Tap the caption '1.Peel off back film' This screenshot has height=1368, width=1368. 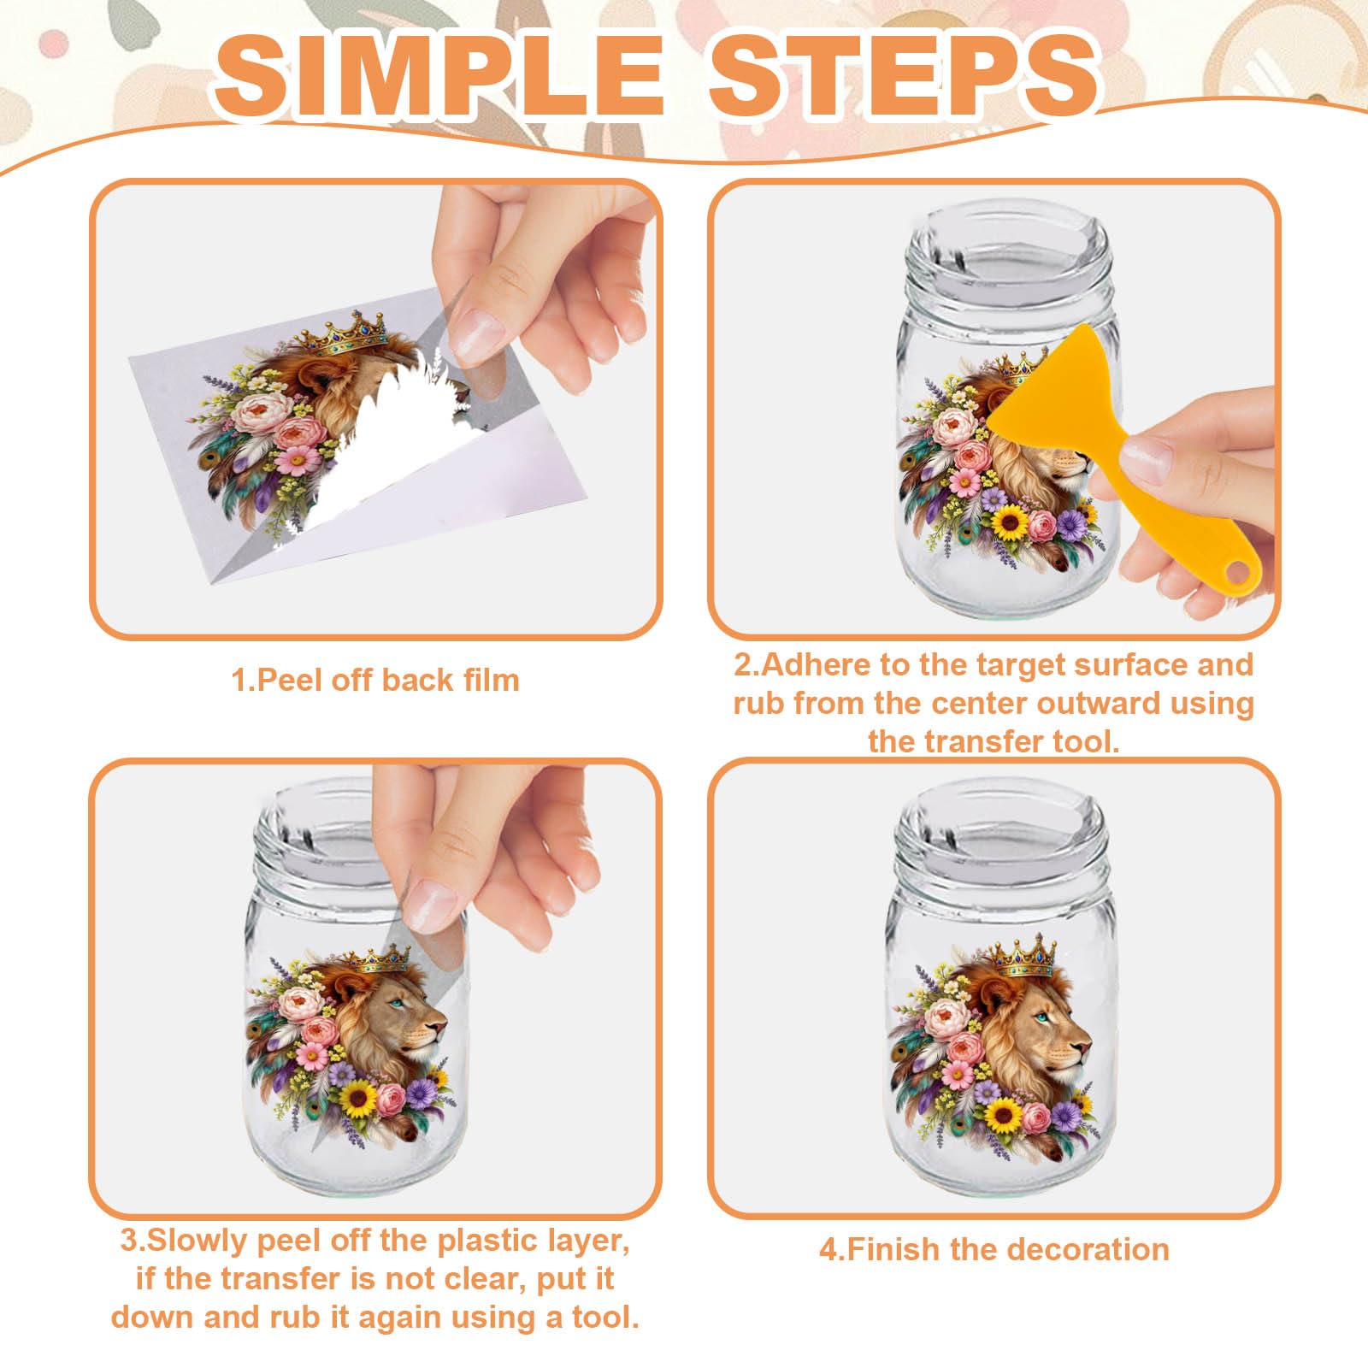[x=375, y=681]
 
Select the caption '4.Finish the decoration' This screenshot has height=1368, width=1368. [x=994, y=1250]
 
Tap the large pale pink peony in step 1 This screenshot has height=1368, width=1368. [x=260, y=414]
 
